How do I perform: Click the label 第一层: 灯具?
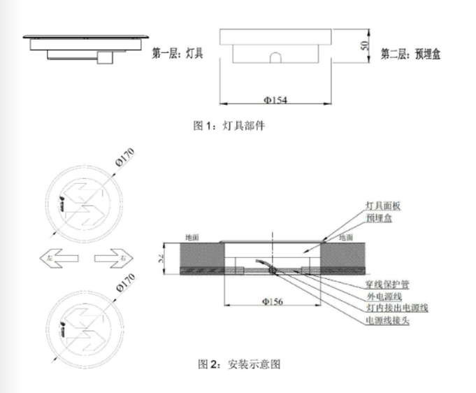(178, 52)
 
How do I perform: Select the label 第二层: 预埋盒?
(410, 52)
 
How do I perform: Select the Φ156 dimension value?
(273, 302)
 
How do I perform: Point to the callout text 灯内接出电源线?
(396, 308)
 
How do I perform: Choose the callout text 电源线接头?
(386, 320)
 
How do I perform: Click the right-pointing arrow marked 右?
(113, 259)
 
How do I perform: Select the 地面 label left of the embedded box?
(192, 238)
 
